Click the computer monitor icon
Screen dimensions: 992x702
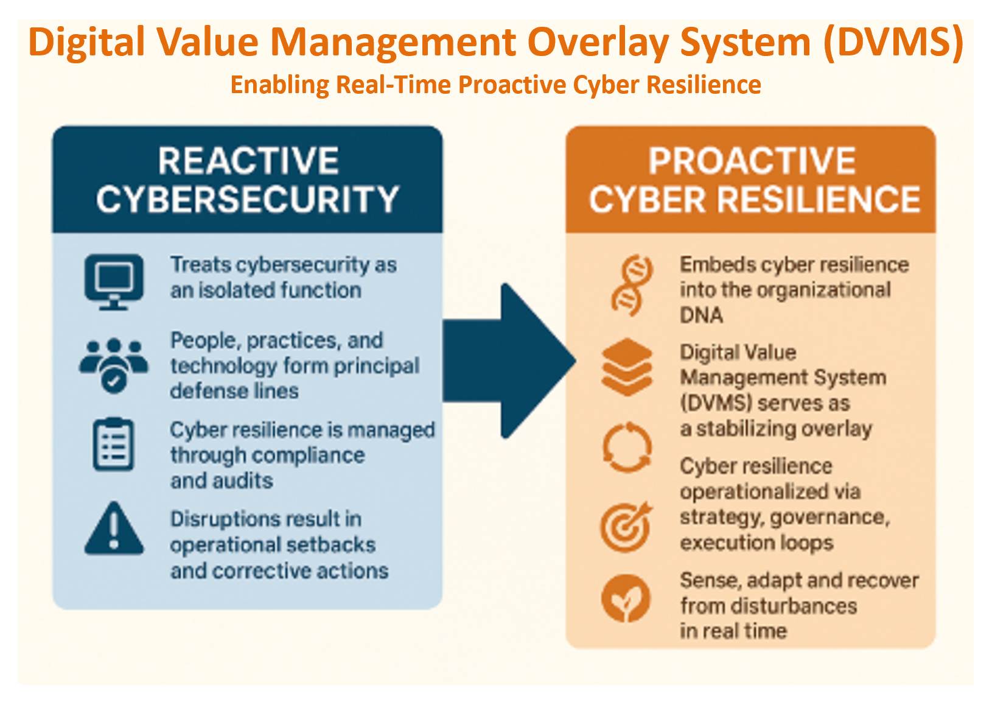[x=114, y=282]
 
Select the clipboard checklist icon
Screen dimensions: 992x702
[x=113, y=444]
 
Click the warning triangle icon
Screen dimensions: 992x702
[x=114, y=528]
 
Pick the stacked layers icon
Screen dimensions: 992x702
[x=627, y=367]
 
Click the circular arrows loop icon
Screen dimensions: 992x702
[x=627, y=448]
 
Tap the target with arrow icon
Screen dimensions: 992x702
[x=626, y=527]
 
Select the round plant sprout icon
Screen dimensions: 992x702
[x=626, y=598]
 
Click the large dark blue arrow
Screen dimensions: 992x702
[x=509, y=361]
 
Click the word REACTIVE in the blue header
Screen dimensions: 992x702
[x=248, y=161]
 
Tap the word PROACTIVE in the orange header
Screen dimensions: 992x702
[x=752, y=161]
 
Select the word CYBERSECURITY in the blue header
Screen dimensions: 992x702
[x=248, y=200]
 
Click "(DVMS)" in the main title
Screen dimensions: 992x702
[x=893, y=41]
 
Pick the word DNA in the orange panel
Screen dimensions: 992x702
[x=702, y=315]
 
